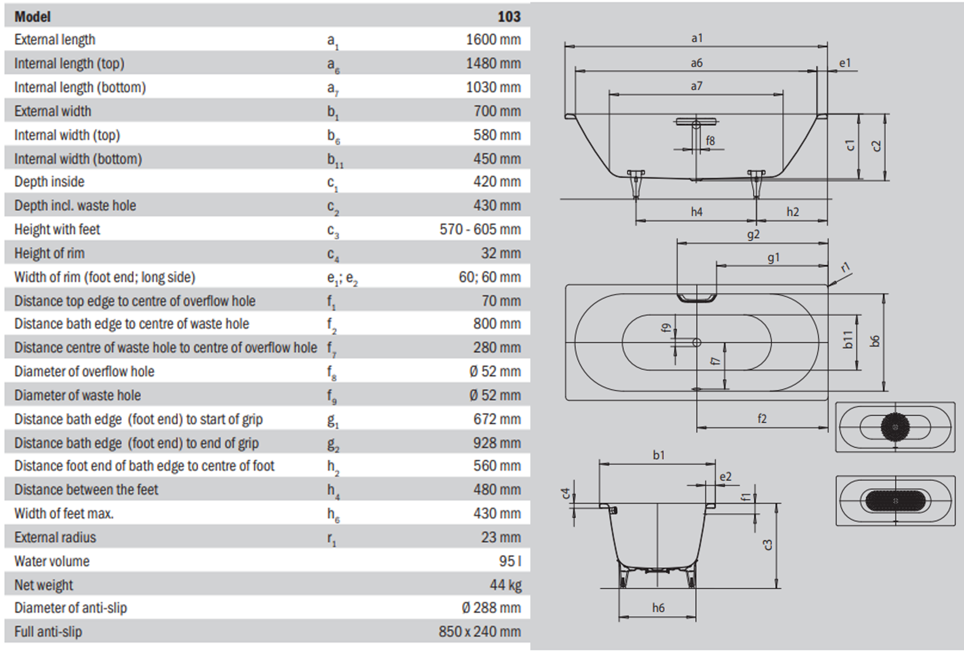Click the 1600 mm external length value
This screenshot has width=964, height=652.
(x=493, y=40)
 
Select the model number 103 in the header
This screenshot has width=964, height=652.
(x=509, y=16)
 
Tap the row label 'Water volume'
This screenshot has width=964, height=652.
(x=52, y=561)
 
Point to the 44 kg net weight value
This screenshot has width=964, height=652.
(x=505, y=585)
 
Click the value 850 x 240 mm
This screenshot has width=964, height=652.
(x=479, y=632)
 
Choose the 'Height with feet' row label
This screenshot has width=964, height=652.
(x=57, y=229)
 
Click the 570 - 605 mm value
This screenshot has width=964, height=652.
(x=480, y=229)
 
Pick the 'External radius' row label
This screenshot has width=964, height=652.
(x=55, y=537)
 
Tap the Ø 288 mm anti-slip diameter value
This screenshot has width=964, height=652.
(x=491, y=608)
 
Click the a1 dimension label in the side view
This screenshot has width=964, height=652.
(x=697, y=38)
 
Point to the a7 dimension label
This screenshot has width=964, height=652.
(x=696, y=86)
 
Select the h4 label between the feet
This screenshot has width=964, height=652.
(x=696, y=212)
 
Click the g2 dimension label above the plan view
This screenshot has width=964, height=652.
(x=753, y=235)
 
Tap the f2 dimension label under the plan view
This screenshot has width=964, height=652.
(x=762, y=418)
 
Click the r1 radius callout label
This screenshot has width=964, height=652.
(x=845, y=267)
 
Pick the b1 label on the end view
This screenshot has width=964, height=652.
(x=659, y=455)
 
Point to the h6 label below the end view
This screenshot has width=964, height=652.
(x=658, y=607)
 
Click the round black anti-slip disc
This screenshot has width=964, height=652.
(x=894, y=427)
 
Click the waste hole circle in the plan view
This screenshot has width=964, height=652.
(x=697, y=343)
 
